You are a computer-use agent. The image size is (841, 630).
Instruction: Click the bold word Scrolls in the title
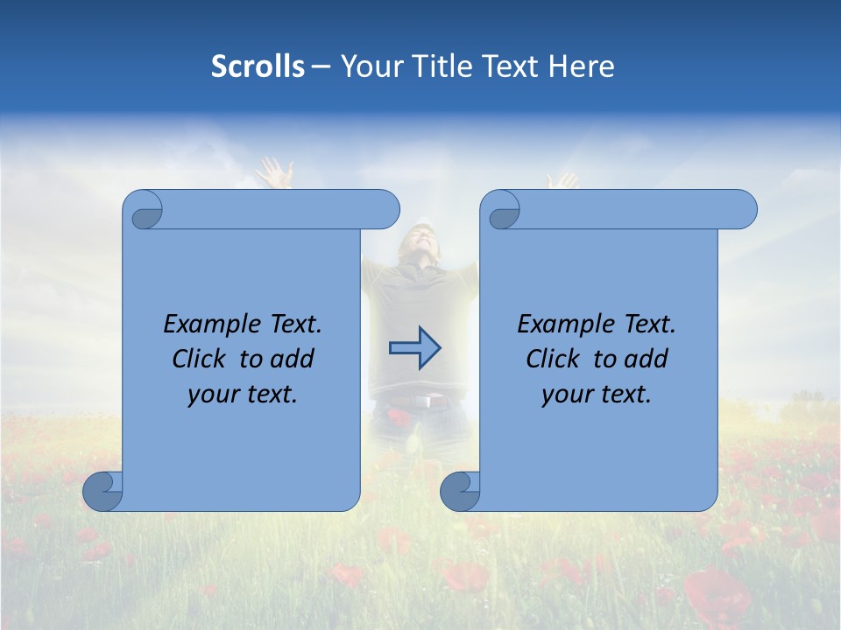click(258, 66)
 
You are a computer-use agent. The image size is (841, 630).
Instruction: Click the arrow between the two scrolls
click(414, 347)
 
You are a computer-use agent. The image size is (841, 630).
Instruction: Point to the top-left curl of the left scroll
click(144, 210)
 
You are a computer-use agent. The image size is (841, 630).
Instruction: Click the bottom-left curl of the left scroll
click(102, 491)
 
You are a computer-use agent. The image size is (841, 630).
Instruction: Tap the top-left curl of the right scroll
click(501, 210)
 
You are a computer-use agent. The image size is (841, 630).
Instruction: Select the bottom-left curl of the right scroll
click(460, 491)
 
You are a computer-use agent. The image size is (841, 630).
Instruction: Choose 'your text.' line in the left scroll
click(243, 395)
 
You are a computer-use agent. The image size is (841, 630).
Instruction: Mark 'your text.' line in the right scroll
click(597, 395)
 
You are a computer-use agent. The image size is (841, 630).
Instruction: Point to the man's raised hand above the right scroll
click(561, 179)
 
